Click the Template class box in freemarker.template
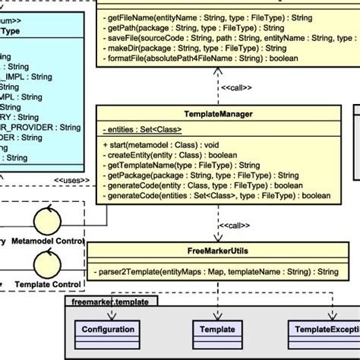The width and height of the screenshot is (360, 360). (217, 329)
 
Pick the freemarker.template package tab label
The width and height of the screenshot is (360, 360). (110, 301)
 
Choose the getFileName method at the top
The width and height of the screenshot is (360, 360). (205, 17)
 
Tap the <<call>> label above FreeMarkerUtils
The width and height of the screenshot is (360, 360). (235, 225)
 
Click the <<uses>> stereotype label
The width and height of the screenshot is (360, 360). (69, 180)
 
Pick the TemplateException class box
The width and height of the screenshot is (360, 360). (323, 329)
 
